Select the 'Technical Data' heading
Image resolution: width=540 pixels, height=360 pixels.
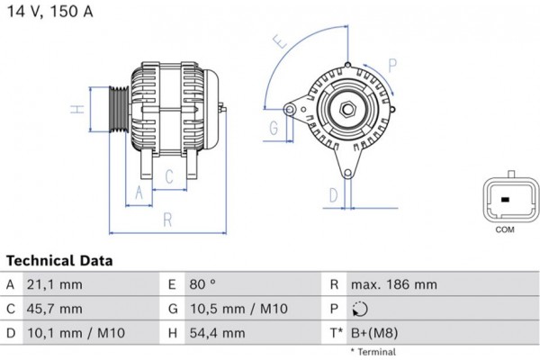(x=59, y=261)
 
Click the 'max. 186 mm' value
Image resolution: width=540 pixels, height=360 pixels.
(x=394, y=284)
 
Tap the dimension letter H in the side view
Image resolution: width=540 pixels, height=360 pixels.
(x=78, y=111)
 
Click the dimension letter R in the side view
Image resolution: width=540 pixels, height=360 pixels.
(x=167, y=220)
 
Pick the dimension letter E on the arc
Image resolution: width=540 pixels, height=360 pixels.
(x=279, y=40)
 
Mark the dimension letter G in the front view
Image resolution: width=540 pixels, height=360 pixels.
(x=273, y=127)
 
